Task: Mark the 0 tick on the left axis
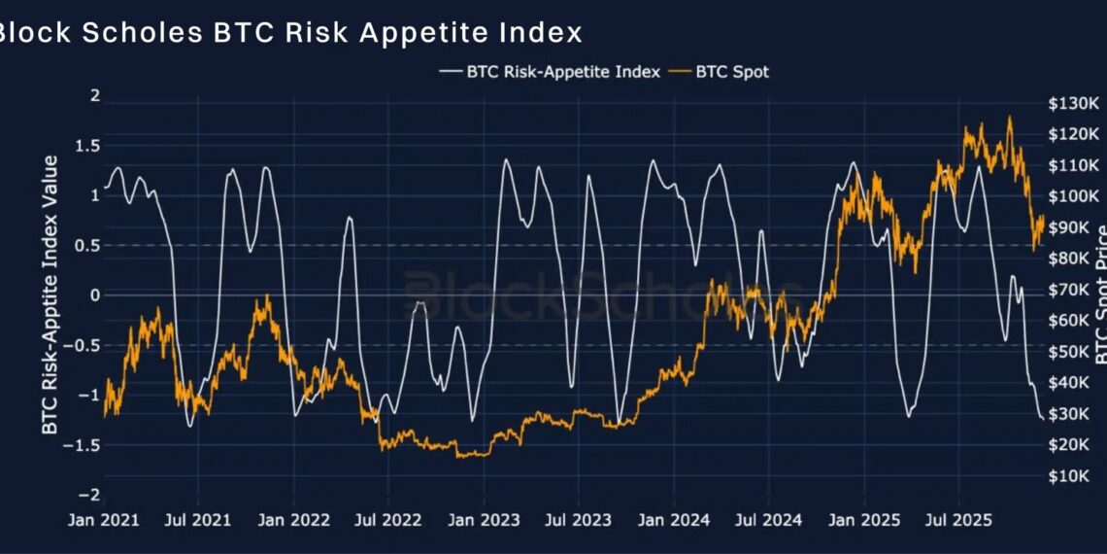[x=94, y=294]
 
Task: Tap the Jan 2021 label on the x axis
[x=104, y=520]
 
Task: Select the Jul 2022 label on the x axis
[x=387, y=520]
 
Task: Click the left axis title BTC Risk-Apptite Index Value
[x=50, y=294]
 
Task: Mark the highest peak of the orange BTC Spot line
[x=1009, y=118]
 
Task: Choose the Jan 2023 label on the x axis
[x=483, y=520]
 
